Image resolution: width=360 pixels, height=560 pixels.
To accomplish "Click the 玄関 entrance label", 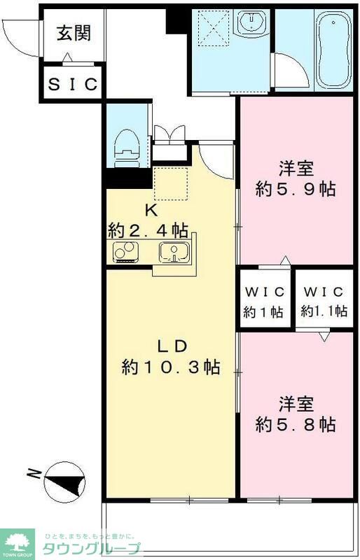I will (73, 33).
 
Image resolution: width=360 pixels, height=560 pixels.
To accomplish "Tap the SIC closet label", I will (74, 84).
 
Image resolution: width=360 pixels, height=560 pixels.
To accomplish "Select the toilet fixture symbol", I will (129, 145).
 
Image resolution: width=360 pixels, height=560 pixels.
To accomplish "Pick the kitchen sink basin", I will (172, 251).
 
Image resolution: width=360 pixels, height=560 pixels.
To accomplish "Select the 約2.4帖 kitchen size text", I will (148, 229).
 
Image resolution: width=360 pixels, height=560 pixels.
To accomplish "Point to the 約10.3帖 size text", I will (171, 366).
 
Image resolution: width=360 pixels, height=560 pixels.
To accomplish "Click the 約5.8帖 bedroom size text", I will (295, 424).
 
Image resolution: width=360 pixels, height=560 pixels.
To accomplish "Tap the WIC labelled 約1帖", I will (263, 302).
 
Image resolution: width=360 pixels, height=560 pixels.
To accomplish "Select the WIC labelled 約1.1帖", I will (324, 302).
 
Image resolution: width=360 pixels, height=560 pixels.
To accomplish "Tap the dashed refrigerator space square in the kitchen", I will (172, 183).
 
